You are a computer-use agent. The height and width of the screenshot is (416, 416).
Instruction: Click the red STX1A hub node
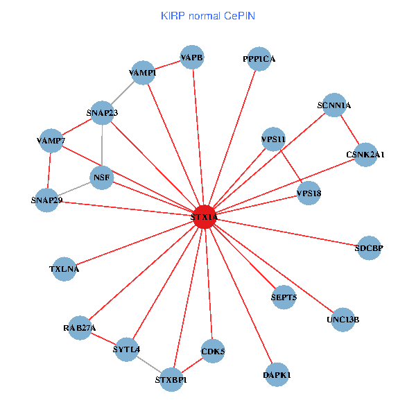pos(205,217)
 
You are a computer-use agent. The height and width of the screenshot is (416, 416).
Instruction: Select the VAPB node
pos(192,58)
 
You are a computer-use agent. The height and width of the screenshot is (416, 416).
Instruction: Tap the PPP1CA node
pos(259,59)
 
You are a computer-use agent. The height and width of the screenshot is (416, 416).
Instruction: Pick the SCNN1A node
pos(334,105)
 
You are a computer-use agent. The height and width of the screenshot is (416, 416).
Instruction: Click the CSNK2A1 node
pos(365,154)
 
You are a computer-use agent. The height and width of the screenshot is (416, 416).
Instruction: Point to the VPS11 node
pos(274,139)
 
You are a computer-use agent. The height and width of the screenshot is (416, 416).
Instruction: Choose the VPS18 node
pos(309,193)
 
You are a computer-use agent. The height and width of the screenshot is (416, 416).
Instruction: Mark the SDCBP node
pos(369,248)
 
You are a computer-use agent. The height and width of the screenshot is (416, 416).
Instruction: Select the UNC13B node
pos(343,320)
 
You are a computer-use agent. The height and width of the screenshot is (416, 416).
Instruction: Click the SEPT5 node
pos(284,297)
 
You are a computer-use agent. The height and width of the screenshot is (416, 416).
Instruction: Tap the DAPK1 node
pos(277,375)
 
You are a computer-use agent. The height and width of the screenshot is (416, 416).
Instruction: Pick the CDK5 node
pos(213,352)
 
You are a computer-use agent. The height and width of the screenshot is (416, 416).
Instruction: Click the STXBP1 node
pos(171,379)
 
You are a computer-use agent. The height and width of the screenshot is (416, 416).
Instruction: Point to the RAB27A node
pos(80,328)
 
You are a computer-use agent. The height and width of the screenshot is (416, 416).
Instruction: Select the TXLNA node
pos(64,269)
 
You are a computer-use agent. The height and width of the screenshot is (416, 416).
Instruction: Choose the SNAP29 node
pos(46,200)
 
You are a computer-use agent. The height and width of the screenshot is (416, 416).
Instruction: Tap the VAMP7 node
pos(51,141)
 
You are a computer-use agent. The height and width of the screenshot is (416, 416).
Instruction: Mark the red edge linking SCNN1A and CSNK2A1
pos(350,130)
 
